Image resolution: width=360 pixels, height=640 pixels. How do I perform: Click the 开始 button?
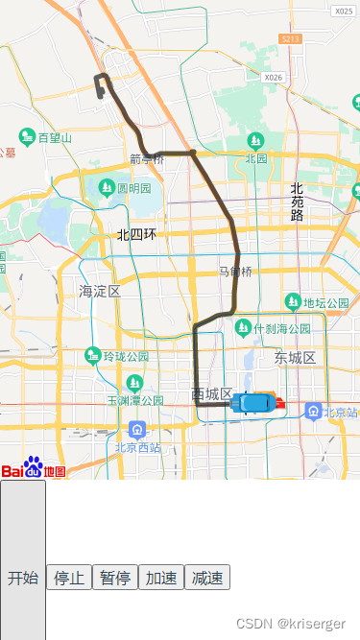pyautogui.click(x=22, y=578)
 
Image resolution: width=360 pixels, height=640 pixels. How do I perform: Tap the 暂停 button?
pyautogui.click(x=115, y=578)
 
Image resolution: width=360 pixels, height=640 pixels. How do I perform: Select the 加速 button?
pyautogui.click(x=161, y=578)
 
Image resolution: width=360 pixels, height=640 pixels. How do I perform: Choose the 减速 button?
pyautogui.click(x=207, y=578)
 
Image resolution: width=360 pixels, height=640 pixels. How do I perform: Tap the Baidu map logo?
pyautogui.click(x=34, y=468)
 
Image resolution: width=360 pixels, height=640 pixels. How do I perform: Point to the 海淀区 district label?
pyautogui.click(x=100, y=290)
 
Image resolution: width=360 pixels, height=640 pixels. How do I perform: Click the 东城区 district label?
pyautogui.click(x=295, y=357)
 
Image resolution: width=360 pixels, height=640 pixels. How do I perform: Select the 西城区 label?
pyautogui.click(x=211, y=394)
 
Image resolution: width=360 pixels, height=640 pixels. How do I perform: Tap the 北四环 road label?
pyautogui.click(x=137, y=234)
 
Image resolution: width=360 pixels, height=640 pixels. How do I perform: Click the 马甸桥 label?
pyautogui.click(x=235, y=272)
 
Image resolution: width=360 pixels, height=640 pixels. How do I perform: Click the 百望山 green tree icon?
pyautogui.click(x=28, y=138)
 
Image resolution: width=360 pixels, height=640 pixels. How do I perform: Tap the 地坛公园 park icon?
pyautogui.click(x=293, y=303)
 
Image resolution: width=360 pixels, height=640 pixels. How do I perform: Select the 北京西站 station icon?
pyautogui.click(x=138, y=429)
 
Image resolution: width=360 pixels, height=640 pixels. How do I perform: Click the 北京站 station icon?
pyautogui.click(x=313, y=412)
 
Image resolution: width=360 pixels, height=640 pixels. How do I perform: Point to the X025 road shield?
pyautogui.click(x=344, y=12)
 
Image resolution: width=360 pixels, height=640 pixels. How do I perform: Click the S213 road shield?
pyautogui.click(x=291, y=38)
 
